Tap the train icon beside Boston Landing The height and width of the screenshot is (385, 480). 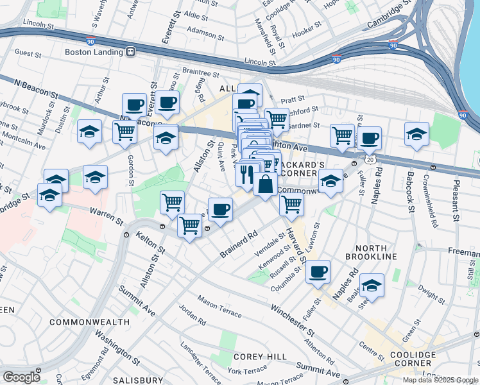click(130, 51)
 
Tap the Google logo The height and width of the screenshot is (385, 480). click(21, 377)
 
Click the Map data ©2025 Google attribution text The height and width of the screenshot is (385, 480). click(440, 380)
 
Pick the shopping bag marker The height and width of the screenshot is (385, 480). click(265, 184)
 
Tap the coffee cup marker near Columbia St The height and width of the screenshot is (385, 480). click(318, 271)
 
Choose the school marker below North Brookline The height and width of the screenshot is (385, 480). click(371, 285)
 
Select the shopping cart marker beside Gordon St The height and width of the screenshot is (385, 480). click(124, 132)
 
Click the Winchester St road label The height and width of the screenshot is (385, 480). click(293, 320)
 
